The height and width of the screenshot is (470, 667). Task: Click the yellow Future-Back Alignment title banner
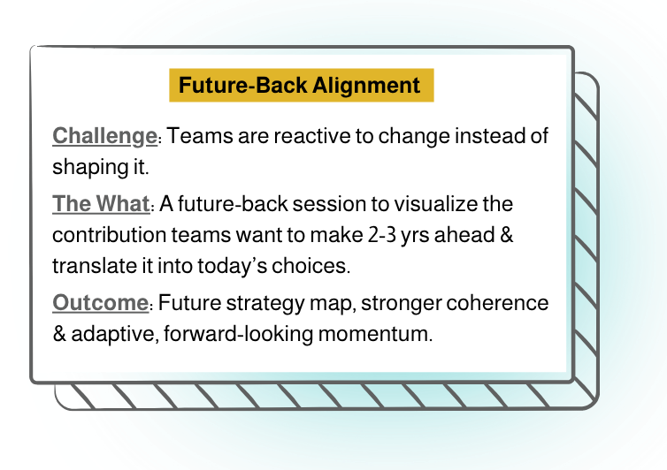click(x=301, y=86)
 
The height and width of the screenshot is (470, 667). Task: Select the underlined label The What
click(x=101, y=204)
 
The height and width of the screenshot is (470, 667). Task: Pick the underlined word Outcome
click(x=99, y=303)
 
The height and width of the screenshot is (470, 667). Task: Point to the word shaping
click(x=88, y=166)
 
